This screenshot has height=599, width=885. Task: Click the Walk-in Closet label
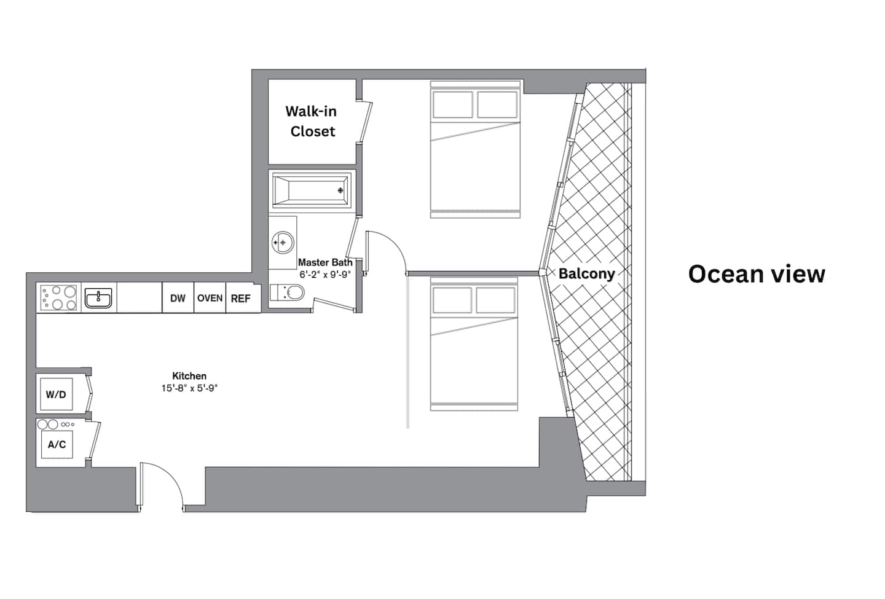(312, 121)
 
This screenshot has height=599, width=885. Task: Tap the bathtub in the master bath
(312, 190)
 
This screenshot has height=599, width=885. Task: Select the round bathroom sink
(283, 242)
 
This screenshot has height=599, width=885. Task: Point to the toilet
(287, 292)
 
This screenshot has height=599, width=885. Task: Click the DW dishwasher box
(178, 298)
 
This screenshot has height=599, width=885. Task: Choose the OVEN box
(210, 298)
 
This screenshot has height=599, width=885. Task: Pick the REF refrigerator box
(241, 298)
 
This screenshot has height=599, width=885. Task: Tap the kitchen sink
(98, 298)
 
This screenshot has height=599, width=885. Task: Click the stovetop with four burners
(59, 298)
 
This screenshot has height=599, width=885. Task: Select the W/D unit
(57, 394)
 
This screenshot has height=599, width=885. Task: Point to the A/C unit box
(57, 445)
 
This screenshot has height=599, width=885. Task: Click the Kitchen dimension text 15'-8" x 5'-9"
(189, 388)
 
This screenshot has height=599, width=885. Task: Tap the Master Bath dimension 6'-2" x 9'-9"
(324, 275)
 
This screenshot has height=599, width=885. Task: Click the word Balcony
(587, 273)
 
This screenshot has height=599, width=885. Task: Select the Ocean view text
(757, 273)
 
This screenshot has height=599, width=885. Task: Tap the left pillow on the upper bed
(453, 104)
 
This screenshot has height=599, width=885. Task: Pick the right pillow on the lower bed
(495, 300)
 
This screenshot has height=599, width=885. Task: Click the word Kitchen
(189, 376)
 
